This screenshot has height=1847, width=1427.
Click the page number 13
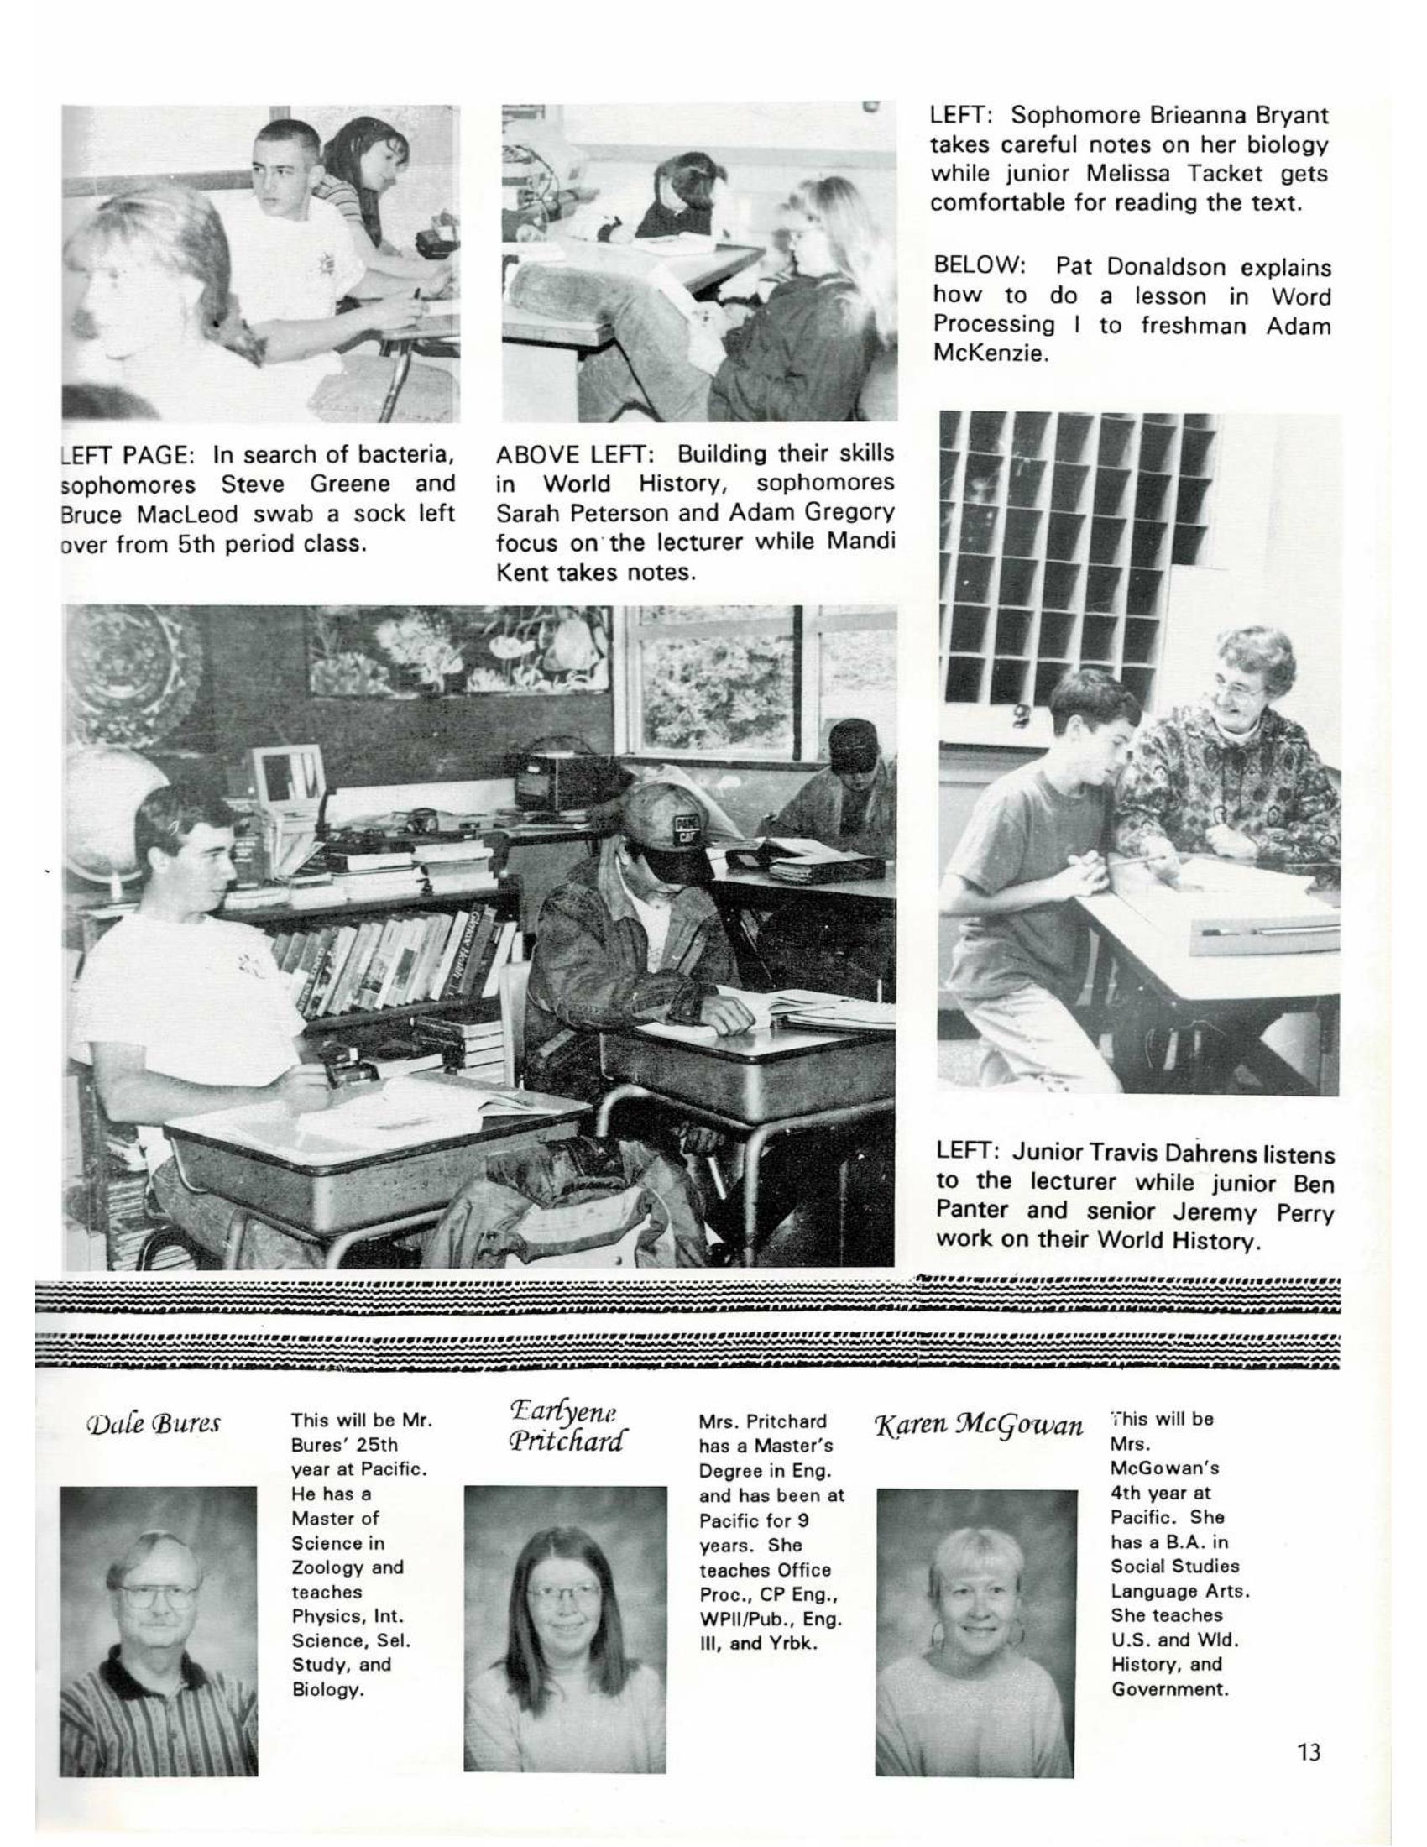1307,1751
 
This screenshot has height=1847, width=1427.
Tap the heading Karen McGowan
978,1426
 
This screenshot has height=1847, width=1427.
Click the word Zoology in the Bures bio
329,1567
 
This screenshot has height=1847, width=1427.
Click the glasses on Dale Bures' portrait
157,1597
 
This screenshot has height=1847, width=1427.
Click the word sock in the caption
383,513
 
